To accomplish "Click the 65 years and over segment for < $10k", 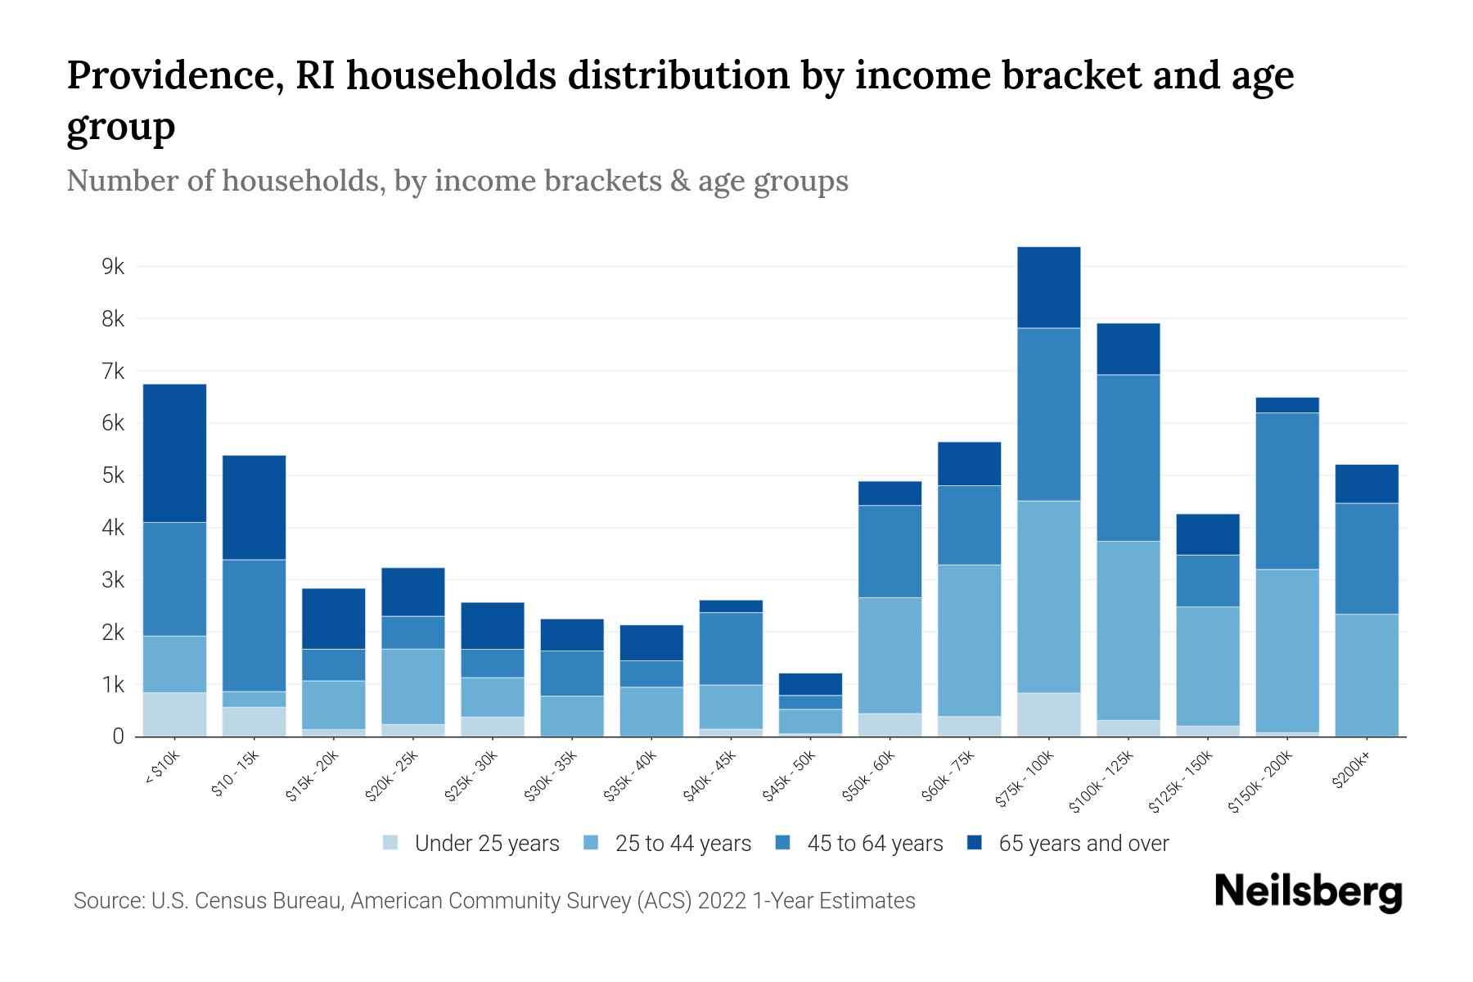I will pos(174,453).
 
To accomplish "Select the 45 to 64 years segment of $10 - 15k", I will pos(254,625).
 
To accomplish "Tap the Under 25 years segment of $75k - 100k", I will pos(1048,714).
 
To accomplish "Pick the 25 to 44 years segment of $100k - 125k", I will pos(1128,630).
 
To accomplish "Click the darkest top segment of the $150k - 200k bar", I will pos(1286,405).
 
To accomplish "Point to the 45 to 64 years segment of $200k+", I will pos(1366,558).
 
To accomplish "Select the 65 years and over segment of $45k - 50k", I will pos(810,684).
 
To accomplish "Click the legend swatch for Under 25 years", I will pos(391,842).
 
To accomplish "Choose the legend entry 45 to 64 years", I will pos(874,843).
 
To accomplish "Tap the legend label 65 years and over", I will pos(1083,843).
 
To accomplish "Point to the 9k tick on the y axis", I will pos(113,267).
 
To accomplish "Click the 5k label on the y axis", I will pos(113,475).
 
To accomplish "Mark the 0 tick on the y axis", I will pos(118,736).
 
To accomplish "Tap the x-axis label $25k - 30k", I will pos(472,777).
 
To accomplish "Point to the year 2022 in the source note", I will pos(723,901).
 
